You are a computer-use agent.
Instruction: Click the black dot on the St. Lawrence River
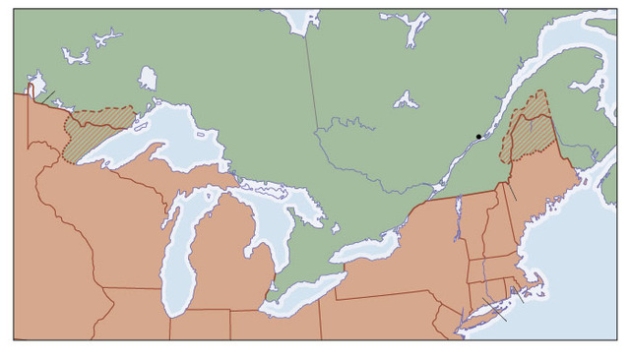point(478,137)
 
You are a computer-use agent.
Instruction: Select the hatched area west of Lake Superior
point(89,133)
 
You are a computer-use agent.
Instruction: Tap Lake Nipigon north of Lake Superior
point(148,78)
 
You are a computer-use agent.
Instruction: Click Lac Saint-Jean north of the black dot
point(406,99)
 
